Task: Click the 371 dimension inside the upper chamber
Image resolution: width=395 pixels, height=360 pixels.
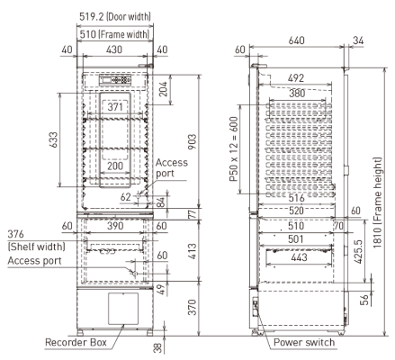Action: point(113,106)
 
